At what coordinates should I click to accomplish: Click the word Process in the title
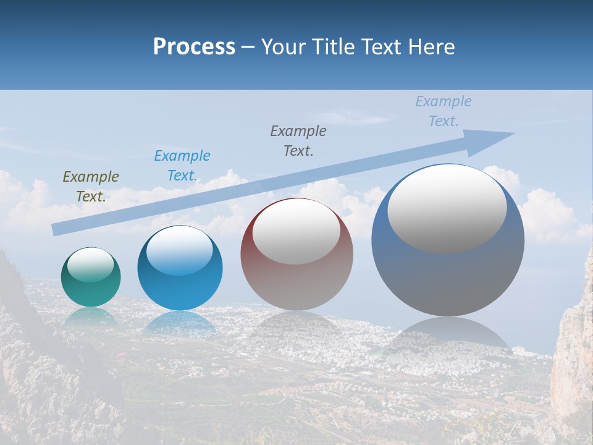click(194, 47)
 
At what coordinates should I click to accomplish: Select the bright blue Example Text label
click(182, 166)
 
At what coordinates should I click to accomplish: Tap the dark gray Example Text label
click(298, 140)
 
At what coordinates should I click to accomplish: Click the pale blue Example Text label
click(444, 111)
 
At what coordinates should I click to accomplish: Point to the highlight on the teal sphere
click(91, 265)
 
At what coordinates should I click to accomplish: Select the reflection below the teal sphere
click(91, 316)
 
